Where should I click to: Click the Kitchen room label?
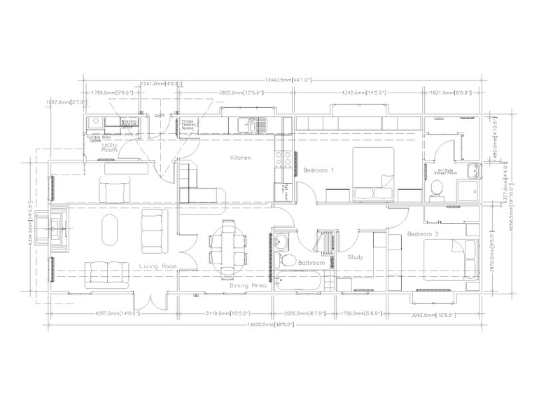(240, 158)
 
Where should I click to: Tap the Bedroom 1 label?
(318, 170)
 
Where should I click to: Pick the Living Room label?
(156, 266)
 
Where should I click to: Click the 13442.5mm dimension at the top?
(284, 79)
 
